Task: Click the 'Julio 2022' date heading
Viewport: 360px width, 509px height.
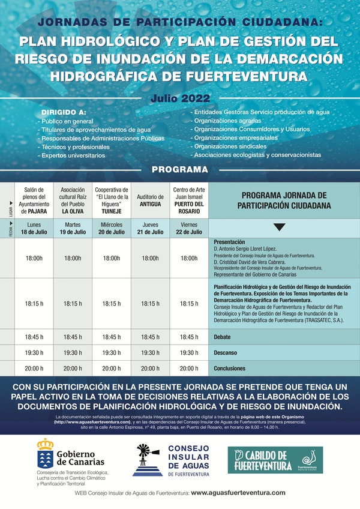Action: click(179, 97)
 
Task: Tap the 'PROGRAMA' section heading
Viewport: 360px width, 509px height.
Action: click(179, 170)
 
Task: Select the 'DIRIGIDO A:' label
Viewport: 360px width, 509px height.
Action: click(64, 112)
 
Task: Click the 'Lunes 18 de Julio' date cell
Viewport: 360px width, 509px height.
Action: click(35, 228)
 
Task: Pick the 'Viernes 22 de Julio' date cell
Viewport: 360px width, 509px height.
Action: click(189, 228)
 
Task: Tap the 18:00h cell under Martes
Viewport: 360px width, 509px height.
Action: click(73, 258)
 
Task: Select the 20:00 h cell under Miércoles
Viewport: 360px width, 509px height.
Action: click(111, 369)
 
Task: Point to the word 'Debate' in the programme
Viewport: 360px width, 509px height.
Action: click(223, 337)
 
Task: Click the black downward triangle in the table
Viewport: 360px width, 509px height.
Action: click(280, 227)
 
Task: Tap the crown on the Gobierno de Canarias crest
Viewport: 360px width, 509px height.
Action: click(45, 445)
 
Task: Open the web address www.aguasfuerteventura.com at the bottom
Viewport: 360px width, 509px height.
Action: click(238, 493)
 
